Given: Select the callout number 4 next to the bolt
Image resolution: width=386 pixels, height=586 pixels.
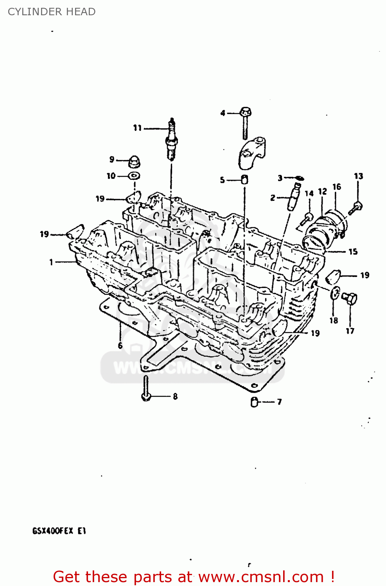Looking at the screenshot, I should coord(223,113).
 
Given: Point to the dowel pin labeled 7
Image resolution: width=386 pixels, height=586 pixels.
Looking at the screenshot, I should coord(254,402).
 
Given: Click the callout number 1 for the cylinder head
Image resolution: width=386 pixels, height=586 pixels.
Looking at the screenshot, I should coord(51,262).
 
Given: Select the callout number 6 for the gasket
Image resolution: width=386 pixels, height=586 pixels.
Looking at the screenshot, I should coord(120,345).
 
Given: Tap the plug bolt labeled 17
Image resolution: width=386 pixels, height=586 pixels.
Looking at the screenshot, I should coord(349,299).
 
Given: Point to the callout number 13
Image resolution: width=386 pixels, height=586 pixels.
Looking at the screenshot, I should coord(358,176).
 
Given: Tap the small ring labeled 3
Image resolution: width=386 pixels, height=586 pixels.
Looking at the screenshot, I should coord(299,179).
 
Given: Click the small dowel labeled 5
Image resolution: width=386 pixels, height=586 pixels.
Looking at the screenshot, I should coord(244,180).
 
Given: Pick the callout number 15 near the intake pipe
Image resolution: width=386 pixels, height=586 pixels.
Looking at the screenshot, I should coord(353,252).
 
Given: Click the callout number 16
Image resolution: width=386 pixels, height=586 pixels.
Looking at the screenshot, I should coord(337,187).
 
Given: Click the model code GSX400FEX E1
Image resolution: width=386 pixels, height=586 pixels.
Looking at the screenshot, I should coord(59,531).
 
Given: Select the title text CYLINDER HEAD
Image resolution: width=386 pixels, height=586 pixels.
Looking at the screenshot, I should coord(52,12).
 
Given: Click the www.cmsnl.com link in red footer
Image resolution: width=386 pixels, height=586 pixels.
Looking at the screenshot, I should coord(261,577).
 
